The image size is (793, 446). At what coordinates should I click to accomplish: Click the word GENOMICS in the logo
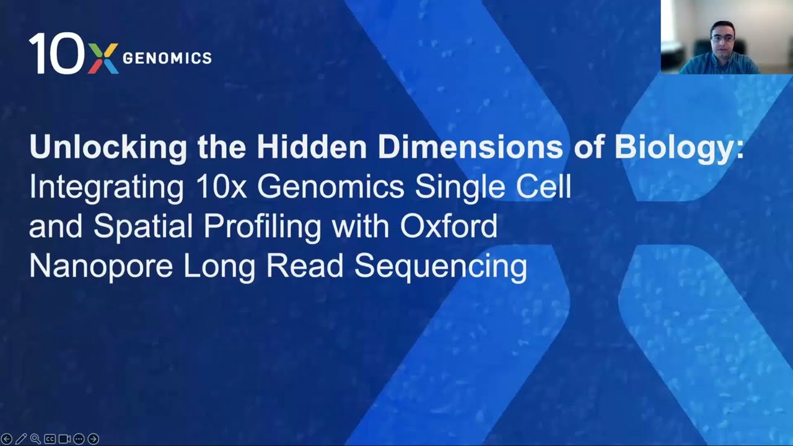click(x=167, y=58)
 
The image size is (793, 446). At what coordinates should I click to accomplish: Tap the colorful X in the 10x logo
click(x=103, y=58)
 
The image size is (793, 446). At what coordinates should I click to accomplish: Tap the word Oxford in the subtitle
click(x=449, y=227)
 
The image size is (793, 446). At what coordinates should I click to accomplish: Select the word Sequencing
click(x=440, y=266)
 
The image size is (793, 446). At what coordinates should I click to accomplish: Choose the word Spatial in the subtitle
click(x=143, y=227)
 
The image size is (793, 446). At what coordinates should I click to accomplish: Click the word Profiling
click(x=262, y=227)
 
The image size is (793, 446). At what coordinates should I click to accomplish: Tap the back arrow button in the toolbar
click(x=7, y=439)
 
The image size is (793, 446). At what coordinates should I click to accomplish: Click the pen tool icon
click(x=21, y=439)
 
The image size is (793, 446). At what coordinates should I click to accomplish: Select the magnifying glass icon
click(x=35, y=439)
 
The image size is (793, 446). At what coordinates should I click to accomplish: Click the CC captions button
click(x=50, y=439)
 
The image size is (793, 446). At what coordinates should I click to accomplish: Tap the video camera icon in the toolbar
click(x=64, y=439)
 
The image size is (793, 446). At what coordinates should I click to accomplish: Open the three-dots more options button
click(x=79, y=439)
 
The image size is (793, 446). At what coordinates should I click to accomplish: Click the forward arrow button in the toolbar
click(x=93, y=439)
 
